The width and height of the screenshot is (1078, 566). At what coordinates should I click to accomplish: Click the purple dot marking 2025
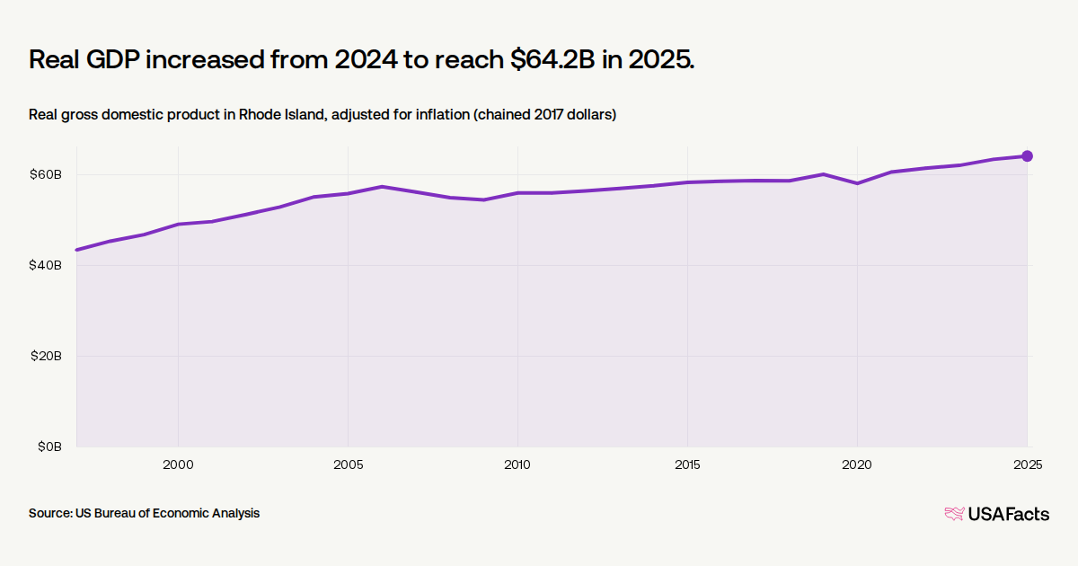1027,156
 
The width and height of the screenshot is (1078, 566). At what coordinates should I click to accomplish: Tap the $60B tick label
46,174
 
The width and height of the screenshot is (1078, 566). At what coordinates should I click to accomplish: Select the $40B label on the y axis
46,265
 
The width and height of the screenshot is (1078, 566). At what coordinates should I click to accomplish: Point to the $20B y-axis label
46,356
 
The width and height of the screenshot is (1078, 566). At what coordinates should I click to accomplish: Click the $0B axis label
50,447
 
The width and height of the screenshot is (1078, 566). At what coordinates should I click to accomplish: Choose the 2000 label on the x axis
178,465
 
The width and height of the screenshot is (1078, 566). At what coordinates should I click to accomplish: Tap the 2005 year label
348,465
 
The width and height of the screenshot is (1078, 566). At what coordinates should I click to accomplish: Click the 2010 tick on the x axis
517,465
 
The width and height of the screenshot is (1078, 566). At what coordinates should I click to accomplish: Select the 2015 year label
687,465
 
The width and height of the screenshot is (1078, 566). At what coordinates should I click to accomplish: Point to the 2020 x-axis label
857,465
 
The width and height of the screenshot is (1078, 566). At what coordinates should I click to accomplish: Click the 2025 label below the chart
1028,465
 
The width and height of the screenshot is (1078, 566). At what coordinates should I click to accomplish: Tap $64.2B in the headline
552,59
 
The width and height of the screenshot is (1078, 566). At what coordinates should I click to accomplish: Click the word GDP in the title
113,59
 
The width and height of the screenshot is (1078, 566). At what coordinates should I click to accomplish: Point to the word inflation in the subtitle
443,115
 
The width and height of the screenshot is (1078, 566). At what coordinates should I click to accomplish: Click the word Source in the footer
50,513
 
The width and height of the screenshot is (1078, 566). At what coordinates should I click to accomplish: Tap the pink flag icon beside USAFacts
954,514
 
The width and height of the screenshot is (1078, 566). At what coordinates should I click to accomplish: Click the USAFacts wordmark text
1009,514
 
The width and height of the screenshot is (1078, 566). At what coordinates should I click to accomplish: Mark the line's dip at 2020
857,183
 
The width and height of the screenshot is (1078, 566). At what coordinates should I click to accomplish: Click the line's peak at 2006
382,186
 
